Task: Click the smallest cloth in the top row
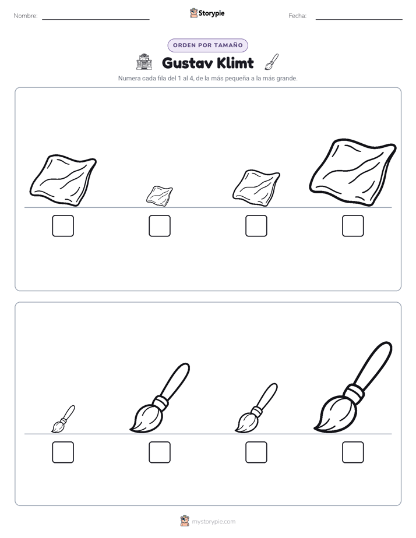pos(160,196)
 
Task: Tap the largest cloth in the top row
pos(353,172)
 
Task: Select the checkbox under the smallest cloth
pos(160,226)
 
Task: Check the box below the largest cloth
pos(353,226)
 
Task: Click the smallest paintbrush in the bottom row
pos(63,419)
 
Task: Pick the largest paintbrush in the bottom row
pos(353,387)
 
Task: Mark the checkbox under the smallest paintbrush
pos(63,452)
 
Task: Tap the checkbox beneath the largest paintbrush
pos(353,452)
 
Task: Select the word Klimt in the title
pos(236,63)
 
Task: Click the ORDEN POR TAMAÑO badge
pos(207,45)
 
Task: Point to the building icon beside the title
pos(144,62)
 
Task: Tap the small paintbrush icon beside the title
pos(272,62)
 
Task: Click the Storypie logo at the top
pos(207,13)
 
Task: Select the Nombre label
pos(26,16)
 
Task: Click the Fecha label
pos(297,16)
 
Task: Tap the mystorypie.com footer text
pos(213,522)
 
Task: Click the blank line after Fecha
pos(359,20)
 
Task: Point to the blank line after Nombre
pos(96,20)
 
